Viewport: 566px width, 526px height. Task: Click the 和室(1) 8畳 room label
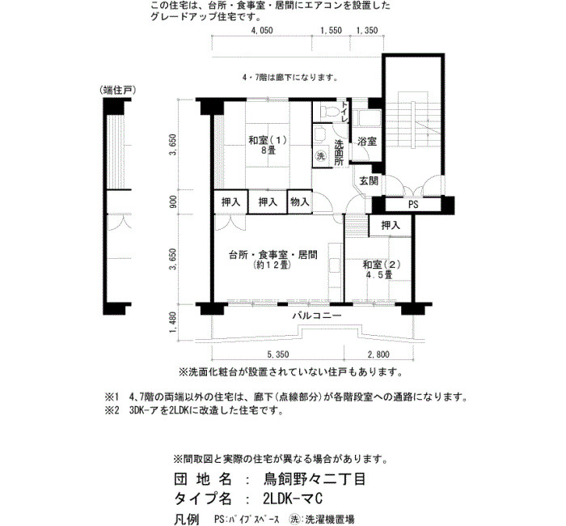pyautogui.click(x=268, y=145)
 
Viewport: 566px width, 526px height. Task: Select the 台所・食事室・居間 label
pyautogui.click(x=273, y=255)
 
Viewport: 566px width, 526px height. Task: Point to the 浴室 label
pyautogui.click(x=367, y=142)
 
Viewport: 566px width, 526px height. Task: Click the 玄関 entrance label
pyautogui.click(x=369, y=181)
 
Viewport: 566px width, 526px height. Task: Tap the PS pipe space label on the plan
pyautogui.click(x=413, y=205)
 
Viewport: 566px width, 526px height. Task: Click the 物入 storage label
pyautogui.click(x=300, y=202)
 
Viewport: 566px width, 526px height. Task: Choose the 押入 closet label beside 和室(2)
pyautogui.click(x=391, y=226)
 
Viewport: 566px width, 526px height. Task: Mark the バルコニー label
pyautogui.click(x=317, y=316)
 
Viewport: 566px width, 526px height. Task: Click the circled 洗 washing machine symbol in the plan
pyautogui.click(x=320, y=156)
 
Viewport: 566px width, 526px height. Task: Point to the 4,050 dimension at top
pyautogui.click(x=262, y=31)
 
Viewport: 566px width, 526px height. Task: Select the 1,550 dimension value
pyautogui.click(x=331, y=31)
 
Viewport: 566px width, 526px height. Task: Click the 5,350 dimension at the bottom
pyautogui.click(x=277, y=354)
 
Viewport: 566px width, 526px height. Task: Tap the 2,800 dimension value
pyautogui.click(x=378, y=354)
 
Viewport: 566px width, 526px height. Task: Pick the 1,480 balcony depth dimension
pyautogui.click(x=173, y=323)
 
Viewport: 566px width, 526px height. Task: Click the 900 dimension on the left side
pyautogui.click(x=173, y=202)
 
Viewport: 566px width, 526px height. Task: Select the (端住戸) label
pyautogui.click(x=118, y=91)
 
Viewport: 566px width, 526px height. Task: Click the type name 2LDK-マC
pyautogui.click(x=293, y=499)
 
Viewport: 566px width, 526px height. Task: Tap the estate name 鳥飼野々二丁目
pyautogui.click(x=315, y=479)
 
